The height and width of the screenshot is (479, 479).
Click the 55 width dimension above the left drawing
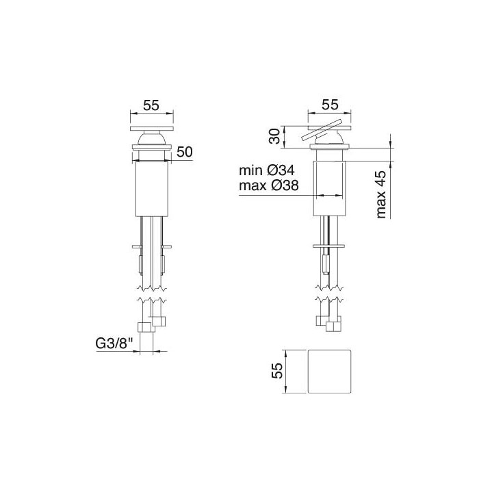(151, 105)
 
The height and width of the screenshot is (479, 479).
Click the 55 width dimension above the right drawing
(330, 105)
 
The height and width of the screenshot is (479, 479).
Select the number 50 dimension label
(184, 152)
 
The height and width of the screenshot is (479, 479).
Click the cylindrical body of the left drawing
(151, 188)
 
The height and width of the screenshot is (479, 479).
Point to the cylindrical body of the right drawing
(330, 188)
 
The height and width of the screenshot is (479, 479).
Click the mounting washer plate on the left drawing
(151, 244)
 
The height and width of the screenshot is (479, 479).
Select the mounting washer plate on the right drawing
(330, 245)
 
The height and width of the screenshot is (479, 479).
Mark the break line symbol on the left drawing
(151, 292)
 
